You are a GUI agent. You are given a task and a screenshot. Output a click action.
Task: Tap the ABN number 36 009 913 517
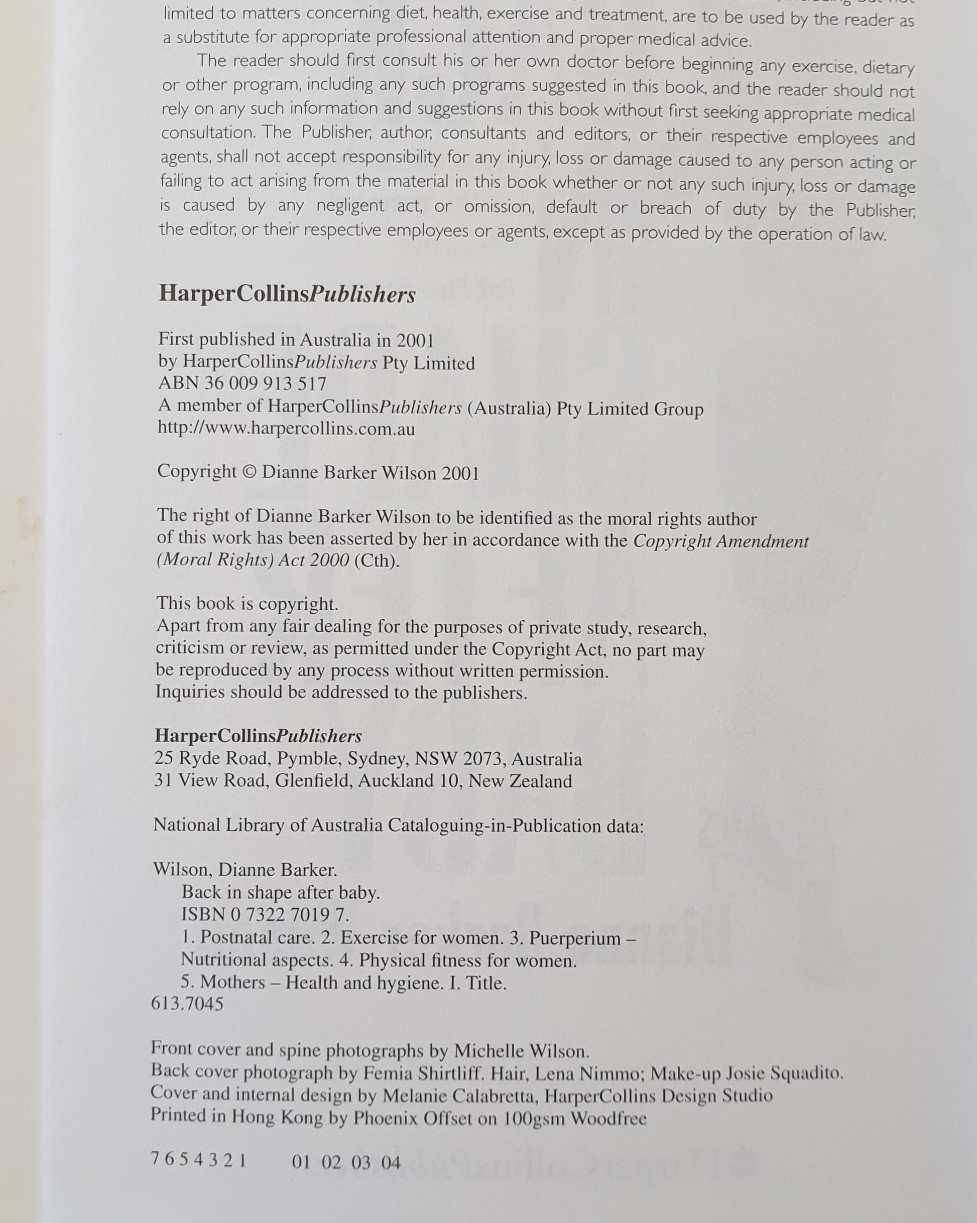pyautogui.click(x=265, y=384)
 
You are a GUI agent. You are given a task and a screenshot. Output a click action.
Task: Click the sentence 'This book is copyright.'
pyautogui.click(x=248, y=603)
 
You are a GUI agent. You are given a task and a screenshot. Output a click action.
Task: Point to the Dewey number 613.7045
pyautogui.click(x=187, y=1004)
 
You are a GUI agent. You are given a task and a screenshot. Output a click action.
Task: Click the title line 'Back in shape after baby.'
pyautogui.click(x=281, y=892)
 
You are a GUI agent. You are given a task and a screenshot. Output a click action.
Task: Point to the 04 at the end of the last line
pyautogui.click(x=390, y=1163)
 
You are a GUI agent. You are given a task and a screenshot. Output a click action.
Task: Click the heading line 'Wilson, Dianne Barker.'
pyautogui.click(x=245, y=870)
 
